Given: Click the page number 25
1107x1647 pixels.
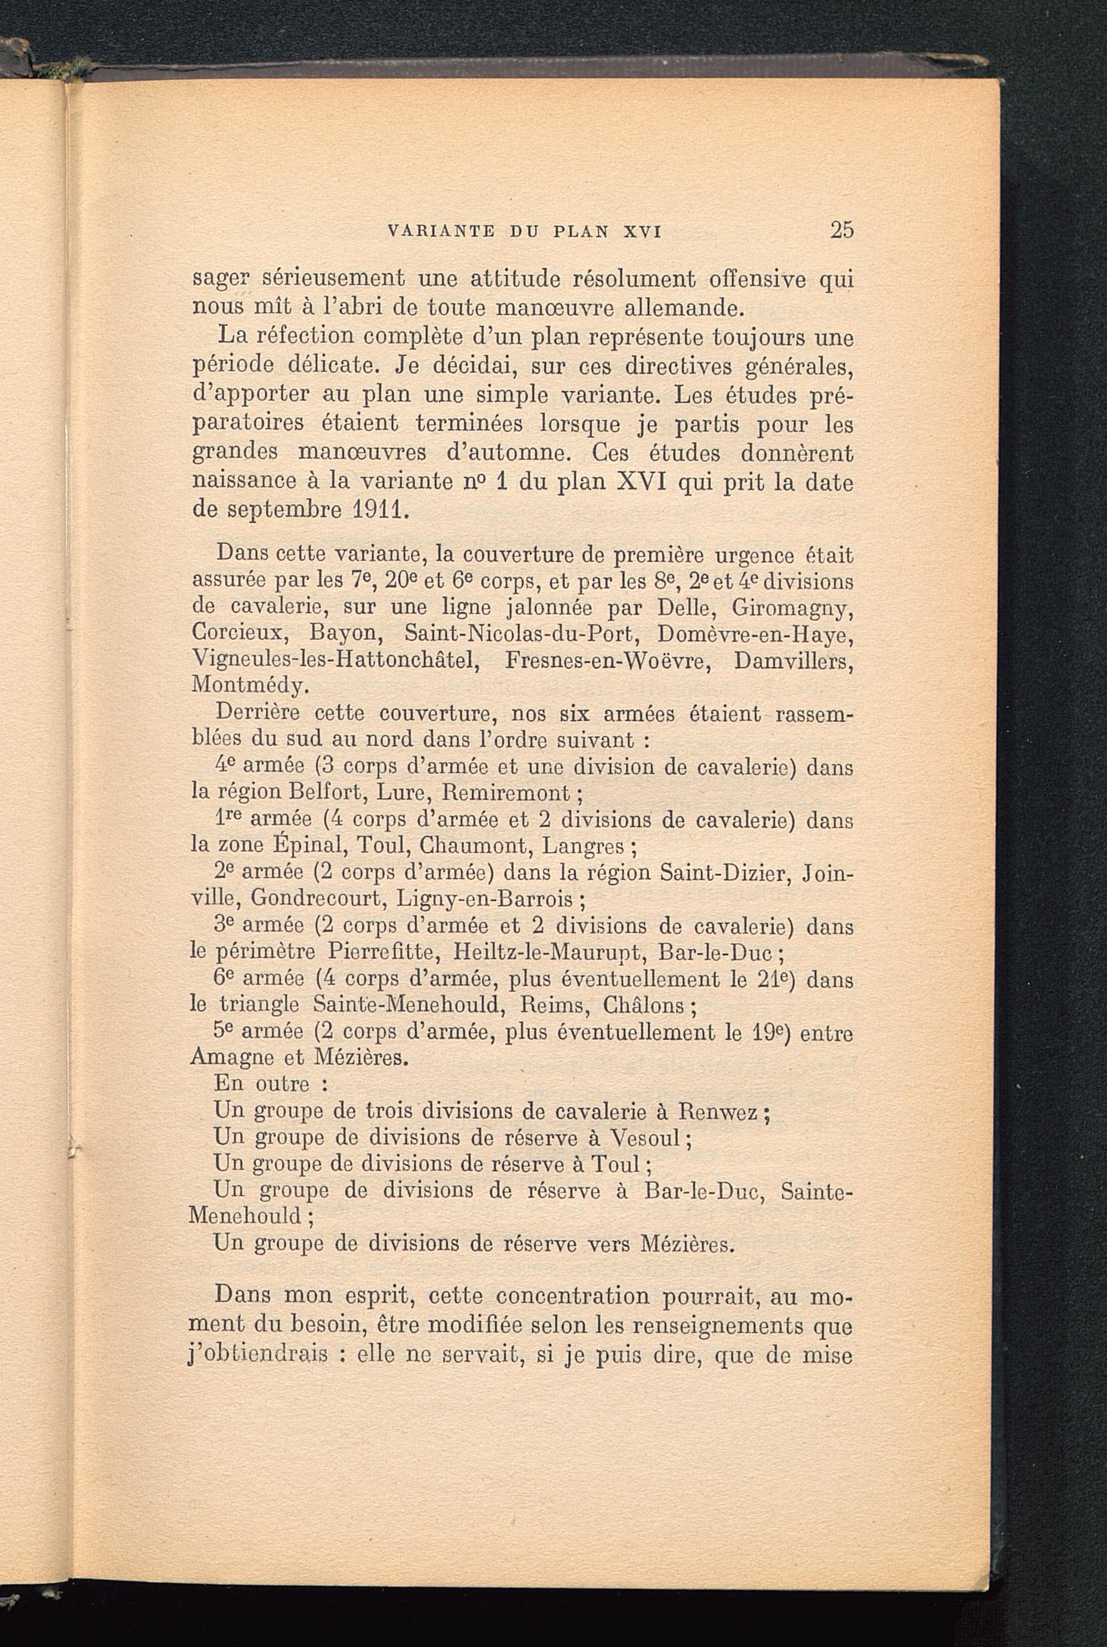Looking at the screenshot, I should [841, 230].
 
